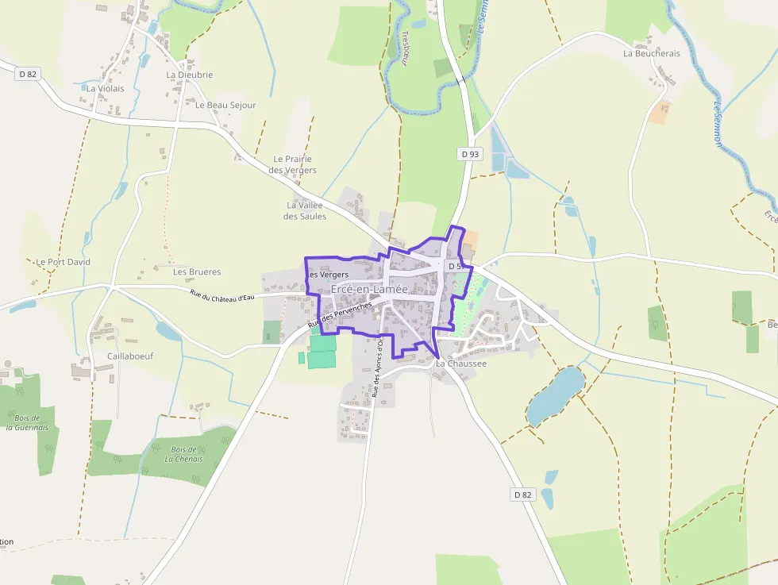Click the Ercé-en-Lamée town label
369,290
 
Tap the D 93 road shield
470,154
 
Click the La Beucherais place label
652,54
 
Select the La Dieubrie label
190,75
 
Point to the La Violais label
105,89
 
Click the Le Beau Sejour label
225,105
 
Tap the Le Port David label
64,262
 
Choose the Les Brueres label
197,271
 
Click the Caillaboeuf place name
130,356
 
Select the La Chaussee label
460,364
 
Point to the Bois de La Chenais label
184,454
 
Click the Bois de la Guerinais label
27,422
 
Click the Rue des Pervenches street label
340,314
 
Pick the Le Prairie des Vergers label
292,164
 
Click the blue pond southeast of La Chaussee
555,394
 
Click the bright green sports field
322,352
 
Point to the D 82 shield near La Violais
27,74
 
